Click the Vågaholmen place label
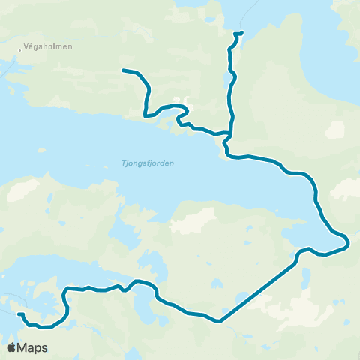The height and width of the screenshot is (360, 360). pos(49,46)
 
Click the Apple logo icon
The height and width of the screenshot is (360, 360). pos(12,347)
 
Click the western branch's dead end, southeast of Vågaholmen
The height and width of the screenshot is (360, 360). pos(123,70)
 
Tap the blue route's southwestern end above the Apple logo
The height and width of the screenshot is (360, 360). pos(19,314)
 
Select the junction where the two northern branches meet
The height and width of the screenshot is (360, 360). pos(228,133)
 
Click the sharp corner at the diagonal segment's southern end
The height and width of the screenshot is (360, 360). pos(220,322)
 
